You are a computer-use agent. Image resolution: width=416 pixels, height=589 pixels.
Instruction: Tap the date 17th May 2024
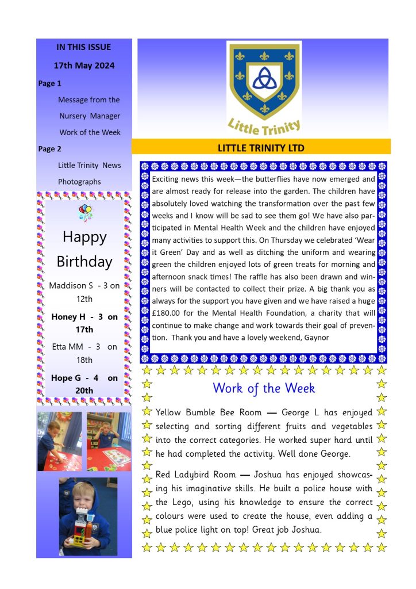click(84, 66)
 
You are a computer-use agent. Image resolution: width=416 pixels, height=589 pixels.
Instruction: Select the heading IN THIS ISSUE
click(84, 47)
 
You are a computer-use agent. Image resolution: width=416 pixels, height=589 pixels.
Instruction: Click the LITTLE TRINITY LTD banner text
click(261, 148)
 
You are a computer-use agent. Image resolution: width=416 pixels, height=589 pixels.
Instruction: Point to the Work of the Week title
click(264, 388)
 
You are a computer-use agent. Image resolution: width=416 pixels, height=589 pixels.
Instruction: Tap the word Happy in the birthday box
click(84, 237)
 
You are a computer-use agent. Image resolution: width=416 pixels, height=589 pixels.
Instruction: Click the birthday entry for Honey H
click(84, 323)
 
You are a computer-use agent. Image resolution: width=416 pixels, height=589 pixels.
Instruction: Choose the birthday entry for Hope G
click(84, 384)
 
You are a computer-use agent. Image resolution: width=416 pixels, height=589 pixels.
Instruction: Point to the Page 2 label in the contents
click(50, 149)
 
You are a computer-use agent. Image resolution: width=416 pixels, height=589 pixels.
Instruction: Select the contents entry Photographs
click(79, 182)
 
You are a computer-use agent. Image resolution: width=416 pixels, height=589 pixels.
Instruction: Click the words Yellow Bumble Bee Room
click(209, 412)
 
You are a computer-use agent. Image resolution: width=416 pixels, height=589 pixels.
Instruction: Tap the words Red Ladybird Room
click(196, 475)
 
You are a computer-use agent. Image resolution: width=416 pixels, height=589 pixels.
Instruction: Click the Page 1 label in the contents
click(50, 83)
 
